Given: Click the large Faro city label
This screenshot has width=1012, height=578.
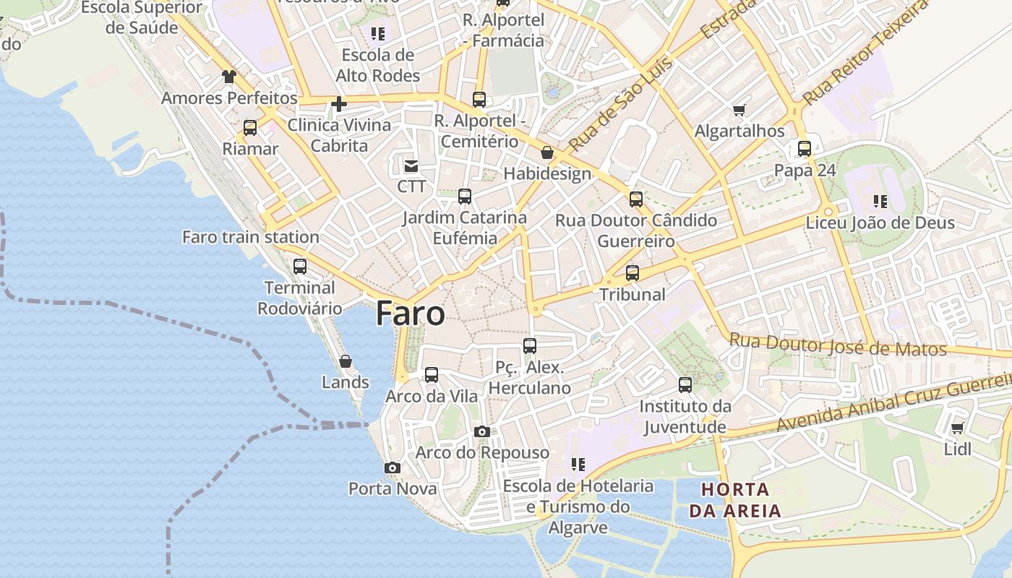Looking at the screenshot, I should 410,314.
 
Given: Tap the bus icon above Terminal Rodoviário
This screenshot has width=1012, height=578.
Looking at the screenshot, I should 300,266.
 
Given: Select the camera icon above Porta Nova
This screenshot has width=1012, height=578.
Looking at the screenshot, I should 393,468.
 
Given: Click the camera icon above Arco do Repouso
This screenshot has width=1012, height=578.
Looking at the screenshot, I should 482,432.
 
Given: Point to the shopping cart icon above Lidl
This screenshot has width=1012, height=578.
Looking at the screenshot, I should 958,428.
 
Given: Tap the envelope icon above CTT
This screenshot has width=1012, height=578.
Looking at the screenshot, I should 411,166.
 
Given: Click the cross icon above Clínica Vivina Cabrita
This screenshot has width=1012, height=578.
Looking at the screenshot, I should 338,104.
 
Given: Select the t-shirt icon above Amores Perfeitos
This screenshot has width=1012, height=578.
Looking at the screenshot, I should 229,77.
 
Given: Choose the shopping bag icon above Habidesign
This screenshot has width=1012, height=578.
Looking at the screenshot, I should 547,152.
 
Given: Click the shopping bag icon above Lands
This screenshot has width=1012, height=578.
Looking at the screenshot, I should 346,361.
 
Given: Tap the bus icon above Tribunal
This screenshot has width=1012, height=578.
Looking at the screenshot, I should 632,273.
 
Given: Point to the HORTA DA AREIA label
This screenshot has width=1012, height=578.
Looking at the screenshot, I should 735,500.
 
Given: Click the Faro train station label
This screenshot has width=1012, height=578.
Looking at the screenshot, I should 250,237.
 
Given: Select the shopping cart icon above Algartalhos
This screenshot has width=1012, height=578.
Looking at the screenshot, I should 739,110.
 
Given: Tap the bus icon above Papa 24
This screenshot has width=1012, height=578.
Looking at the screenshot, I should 805,149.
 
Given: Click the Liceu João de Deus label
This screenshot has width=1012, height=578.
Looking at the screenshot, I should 880,223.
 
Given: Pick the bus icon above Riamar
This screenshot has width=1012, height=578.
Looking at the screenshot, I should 250,128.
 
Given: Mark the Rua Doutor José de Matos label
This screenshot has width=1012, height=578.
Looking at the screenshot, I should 838,345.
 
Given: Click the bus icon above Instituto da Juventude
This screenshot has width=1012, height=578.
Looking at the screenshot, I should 685,385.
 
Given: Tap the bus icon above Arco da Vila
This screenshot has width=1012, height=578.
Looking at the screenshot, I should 432,375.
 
